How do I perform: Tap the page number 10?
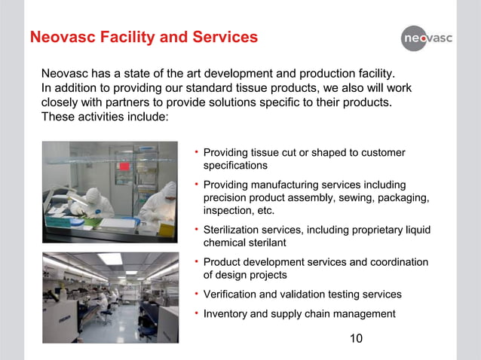point(356,338)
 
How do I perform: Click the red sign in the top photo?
point(124,166)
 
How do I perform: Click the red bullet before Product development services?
point(195,261)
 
